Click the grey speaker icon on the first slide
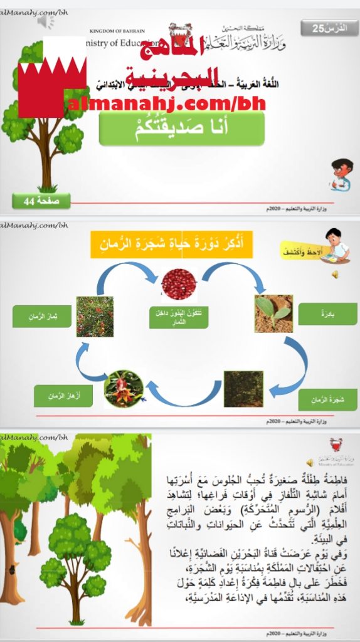click(45, 21)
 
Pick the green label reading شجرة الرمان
click(327, 399)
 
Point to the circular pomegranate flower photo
click(124, 389)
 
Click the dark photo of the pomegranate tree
click(243, 389)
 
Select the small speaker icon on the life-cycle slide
click(336, 275)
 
